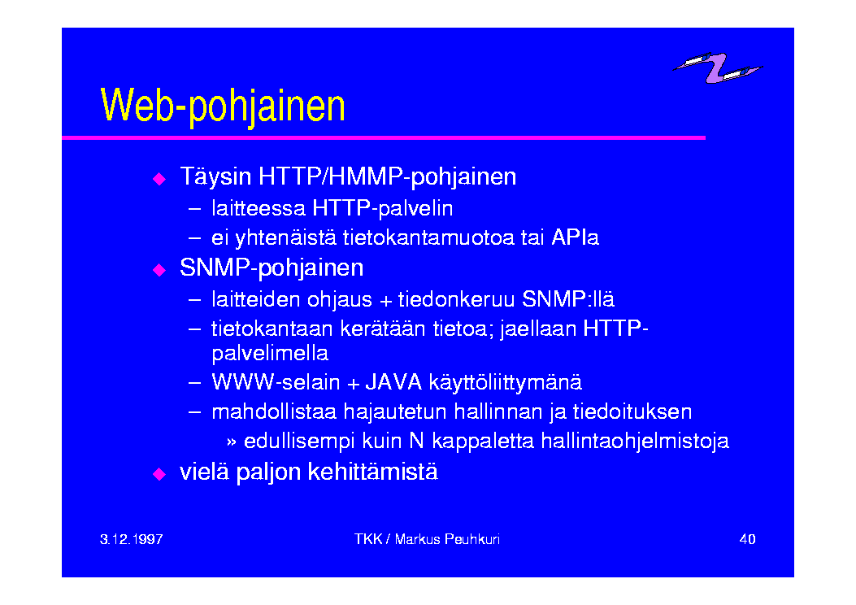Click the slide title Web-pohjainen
point(223,107)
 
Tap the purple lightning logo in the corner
point(718,67)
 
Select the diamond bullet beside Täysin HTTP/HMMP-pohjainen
point(159,179)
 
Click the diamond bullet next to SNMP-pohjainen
point(159,270)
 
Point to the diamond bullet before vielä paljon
point(159,473)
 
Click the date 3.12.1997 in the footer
point(132,539)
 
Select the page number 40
point(747,539)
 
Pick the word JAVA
point(393,382)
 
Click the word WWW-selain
point(276,382)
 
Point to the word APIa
point(575,237)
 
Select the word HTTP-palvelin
point(383,209)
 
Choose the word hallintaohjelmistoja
point(635,442)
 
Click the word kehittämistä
point(373,472)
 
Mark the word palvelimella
point(270,354)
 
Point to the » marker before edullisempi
point(232,442)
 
